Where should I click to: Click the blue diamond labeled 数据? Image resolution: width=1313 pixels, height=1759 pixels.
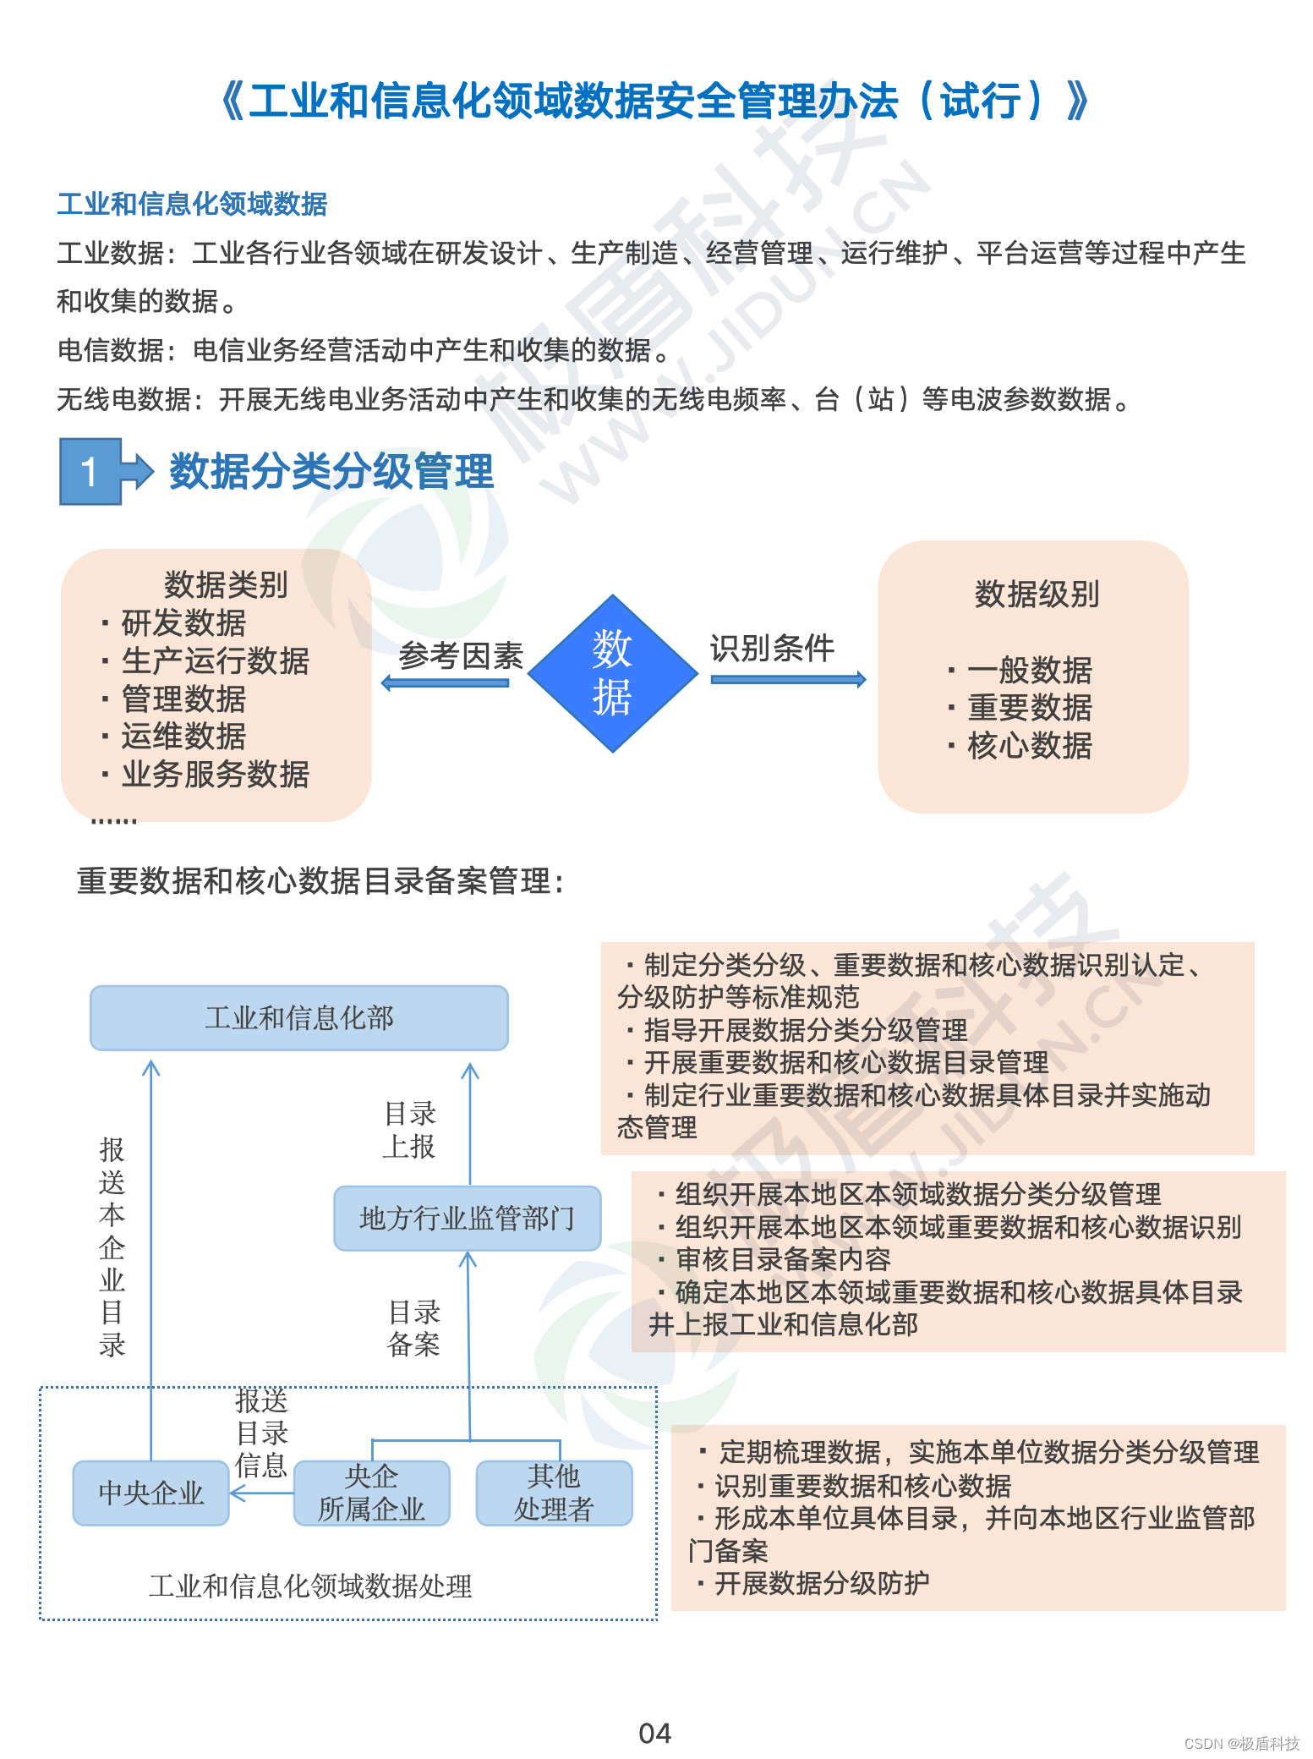(612, 673)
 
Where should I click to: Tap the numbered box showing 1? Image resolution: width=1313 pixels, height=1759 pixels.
(90, 471)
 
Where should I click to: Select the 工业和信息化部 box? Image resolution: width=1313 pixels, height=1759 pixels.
(299, 1017)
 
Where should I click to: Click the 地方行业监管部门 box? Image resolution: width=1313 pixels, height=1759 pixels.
(467, 1218)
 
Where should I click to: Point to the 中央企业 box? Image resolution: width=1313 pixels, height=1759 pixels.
(150, 1493)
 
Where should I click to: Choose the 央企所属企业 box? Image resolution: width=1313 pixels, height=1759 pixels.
(371, 1493)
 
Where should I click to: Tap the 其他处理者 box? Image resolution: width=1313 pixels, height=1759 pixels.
(554, 1493)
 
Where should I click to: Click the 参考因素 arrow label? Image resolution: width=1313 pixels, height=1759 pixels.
(461, 655)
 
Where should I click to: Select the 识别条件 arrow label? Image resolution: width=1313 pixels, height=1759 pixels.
(771, 649)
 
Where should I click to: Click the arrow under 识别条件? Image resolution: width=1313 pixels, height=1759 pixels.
(788, 679)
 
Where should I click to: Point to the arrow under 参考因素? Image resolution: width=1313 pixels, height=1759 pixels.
(446, 682)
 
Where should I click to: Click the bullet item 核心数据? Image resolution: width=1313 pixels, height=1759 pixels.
(1029, 746)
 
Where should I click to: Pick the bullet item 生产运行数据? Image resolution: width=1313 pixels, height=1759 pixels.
(215, 660)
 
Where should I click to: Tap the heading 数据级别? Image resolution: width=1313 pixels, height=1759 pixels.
(1037, 595)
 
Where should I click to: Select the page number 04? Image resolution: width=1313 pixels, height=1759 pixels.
(654, 1733)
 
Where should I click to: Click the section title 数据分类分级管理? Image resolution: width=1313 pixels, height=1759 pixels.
(331, 471)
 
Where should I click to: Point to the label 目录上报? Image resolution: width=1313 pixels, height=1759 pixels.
(410, 1130)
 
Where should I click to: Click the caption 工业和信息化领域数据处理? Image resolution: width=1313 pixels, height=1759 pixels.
(310, 1586)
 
